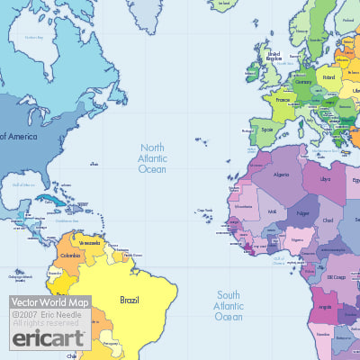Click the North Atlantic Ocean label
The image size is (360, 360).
tap(152, 157)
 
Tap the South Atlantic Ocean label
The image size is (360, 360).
tap(229, 305)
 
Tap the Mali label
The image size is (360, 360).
tap(273, 212)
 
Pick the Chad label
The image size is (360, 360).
tap(327, 220)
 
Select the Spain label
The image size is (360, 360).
tap(266, 129)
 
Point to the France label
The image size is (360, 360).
tap(282, 102)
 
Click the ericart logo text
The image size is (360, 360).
tap(49, 338)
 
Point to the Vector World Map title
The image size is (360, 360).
tap(49, 303)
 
